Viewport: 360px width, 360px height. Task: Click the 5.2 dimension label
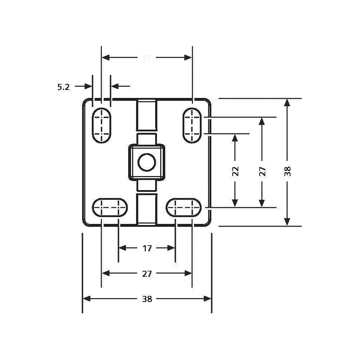[x=63, y=86]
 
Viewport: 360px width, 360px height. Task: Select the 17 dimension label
[x=147, y=248]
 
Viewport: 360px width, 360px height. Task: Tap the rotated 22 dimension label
[x=235, y=171]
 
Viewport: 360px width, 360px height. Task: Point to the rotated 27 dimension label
[x=262, y=171]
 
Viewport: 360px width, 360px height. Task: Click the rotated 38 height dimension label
[x=287, y=171]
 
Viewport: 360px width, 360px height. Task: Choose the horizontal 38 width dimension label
[x=147, y=299]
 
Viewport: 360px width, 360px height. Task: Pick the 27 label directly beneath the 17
[x=147, y=274]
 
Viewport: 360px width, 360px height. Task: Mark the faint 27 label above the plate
[x=146, y=58]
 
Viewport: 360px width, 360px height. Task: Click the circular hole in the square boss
[x=147, y=162]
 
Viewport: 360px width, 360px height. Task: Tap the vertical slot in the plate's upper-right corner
[x=192, y=125]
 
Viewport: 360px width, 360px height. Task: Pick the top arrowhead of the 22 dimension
[x=235, y=138]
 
